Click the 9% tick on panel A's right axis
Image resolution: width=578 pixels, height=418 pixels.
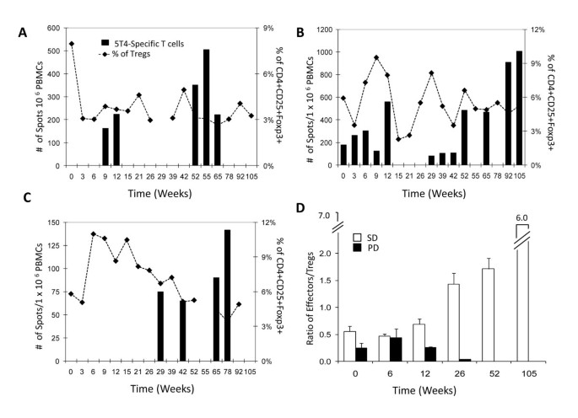tap(267, 28)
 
